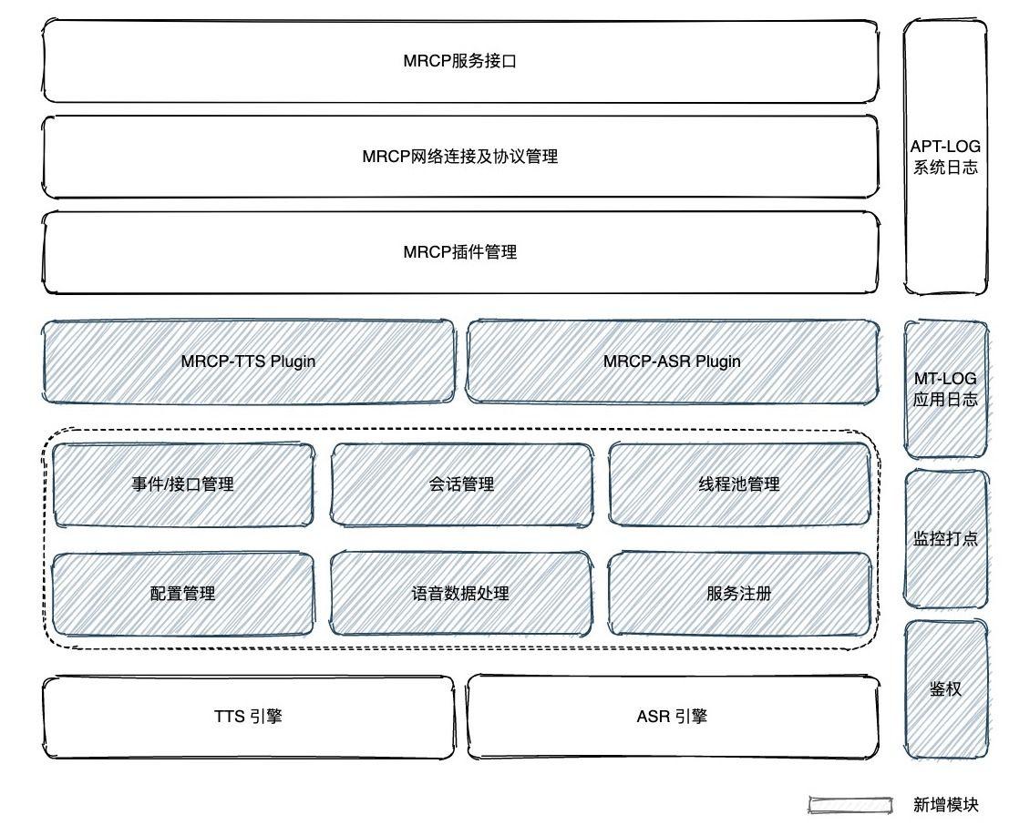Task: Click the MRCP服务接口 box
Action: click(x=460, y=62)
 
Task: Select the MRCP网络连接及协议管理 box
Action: click(x=460, y=157)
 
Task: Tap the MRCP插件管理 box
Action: click(x=460, y=252)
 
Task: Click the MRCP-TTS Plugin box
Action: click(x=248, y=362)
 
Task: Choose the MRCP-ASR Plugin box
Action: click(x=673, y=362)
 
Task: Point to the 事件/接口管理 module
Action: click(x=183, y=484)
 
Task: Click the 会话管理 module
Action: click(x=461, y=484)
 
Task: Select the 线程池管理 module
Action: click(x=739, y=484)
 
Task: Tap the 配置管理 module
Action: click(x=183, y=594)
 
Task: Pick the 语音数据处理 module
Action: click(x=461, y=594)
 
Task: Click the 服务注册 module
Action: click(x=739, y=594)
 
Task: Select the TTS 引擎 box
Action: click(x=248, y=717)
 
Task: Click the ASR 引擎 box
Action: click(x=673, y=717)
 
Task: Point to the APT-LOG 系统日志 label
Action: click(x=945, y=157)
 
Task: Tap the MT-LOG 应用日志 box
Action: click(x=945, y=389)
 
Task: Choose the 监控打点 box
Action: click(x=945, y=538)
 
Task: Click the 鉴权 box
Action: click(x=945, y=689)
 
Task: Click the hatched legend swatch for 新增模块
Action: click(x=849, y=804)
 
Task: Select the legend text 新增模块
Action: click(x=945, y=804)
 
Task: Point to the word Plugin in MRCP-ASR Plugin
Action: click(x=718, y=362)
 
